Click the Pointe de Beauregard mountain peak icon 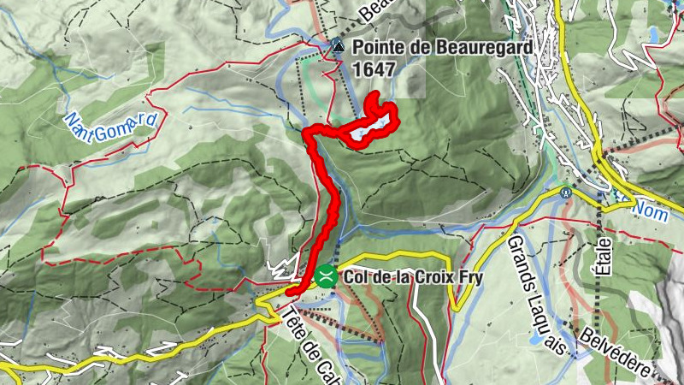[338, 48]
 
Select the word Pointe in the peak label [376, 48]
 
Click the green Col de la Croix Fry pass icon [325, 275]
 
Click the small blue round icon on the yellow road [566, 192]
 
